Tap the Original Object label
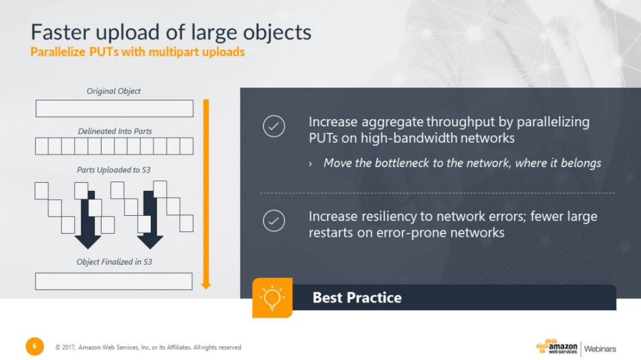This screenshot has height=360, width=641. (113, 91)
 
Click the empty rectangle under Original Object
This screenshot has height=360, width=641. (115, 109)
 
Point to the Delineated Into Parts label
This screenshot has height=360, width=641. (115, 131)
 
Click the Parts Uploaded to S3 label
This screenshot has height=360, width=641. (113, 170)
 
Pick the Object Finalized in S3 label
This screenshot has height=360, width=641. (114, 262)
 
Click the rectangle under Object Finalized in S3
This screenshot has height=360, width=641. (113, 281)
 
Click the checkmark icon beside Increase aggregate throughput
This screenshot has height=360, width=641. (274, 126)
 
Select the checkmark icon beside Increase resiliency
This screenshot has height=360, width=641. (274, 221)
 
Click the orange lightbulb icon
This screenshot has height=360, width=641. (272, 298)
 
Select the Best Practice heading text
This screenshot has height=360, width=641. (357, 298)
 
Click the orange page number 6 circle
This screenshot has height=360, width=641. (35, 346)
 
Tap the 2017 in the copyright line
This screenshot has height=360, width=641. (68, 348)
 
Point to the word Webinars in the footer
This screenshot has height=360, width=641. (599, 349)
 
